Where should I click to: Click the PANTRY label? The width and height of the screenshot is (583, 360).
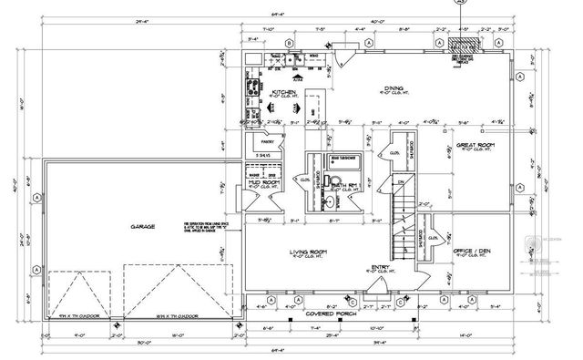click(268, 142)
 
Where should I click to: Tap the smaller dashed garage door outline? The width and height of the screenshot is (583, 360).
click(77, 293)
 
